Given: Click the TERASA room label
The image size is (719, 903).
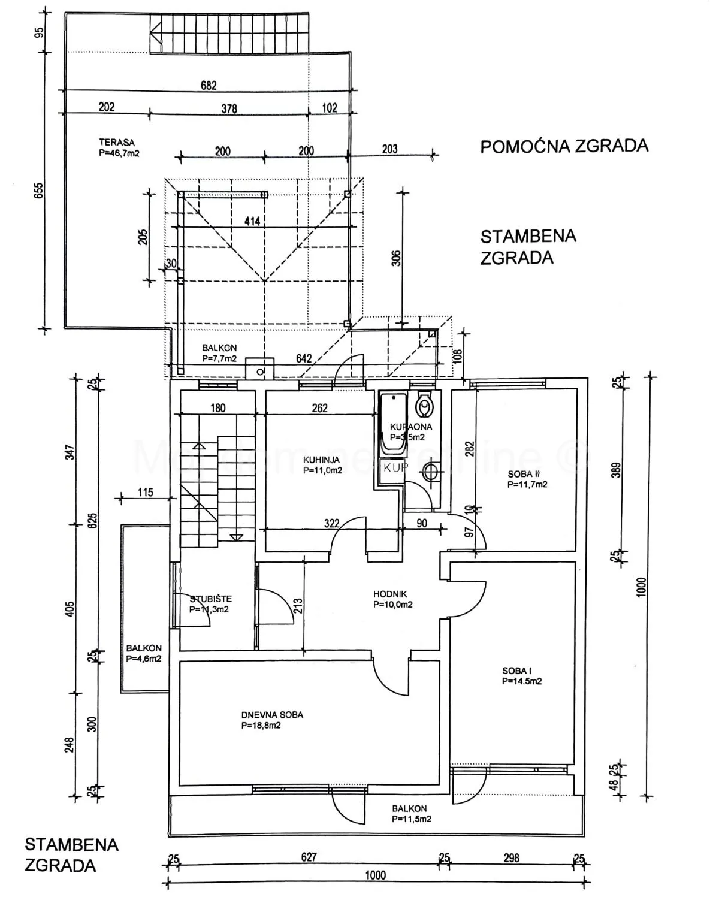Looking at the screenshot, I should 117,143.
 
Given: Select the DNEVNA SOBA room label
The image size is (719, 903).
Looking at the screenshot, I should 272,715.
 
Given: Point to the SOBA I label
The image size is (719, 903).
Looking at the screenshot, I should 517,671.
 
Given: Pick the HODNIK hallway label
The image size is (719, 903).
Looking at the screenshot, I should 390,594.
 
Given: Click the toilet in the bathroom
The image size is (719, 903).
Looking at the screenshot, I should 425,406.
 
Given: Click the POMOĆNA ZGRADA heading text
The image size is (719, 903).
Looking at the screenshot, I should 564,146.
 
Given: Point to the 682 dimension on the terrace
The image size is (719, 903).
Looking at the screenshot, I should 209,86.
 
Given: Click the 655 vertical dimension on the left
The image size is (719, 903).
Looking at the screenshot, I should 39,191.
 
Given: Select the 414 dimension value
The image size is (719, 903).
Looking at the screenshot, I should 252,221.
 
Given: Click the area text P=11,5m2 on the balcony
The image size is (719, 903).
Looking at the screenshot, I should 412,819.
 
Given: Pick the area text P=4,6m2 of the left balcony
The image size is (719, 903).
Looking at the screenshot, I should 143,658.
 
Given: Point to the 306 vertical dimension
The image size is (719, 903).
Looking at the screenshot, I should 396,258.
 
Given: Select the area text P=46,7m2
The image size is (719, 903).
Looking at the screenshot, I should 119,153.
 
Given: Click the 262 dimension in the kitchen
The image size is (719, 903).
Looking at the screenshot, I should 320,408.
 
